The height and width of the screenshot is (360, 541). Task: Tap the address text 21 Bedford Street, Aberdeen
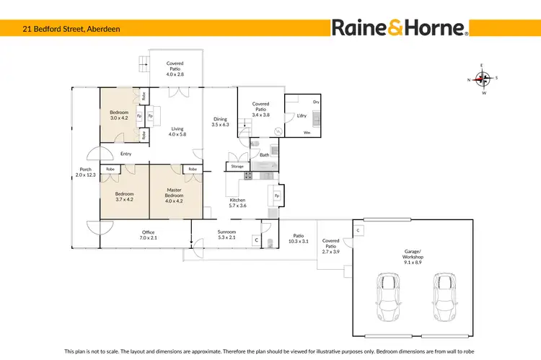[x=61, y=28]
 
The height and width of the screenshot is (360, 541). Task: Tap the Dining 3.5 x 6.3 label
[x=220, y=122]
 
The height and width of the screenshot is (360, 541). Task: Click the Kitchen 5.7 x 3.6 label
[x=238, y=203]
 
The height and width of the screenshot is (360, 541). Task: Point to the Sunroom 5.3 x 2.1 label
[x=226, y=234]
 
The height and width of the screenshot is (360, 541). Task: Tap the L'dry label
[x=301, y=116]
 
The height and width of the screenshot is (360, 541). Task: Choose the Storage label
[x=237, y=167]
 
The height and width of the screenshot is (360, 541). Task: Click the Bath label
[x=265, y=155]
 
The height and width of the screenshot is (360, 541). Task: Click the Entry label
[x=126, y=154]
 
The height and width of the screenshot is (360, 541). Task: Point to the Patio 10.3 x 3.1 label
[x=299, y=238]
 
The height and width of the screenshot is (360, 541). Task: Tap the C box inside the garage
[x=359, y=230]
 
